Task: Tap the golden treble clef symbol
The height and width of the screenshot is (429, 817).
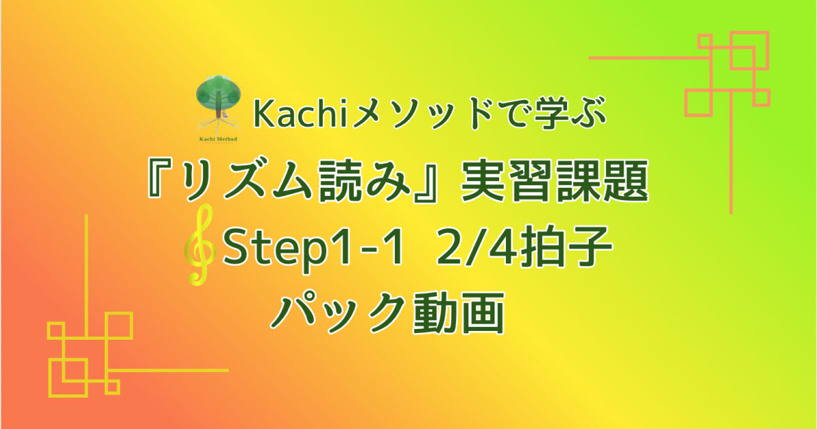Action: (x=198, y=253)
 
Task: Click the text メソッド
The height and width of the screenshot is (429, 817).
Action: (x=405, y=116)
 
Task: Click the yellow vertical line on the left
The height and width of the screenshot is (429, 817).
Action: (x=86, y=272)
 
